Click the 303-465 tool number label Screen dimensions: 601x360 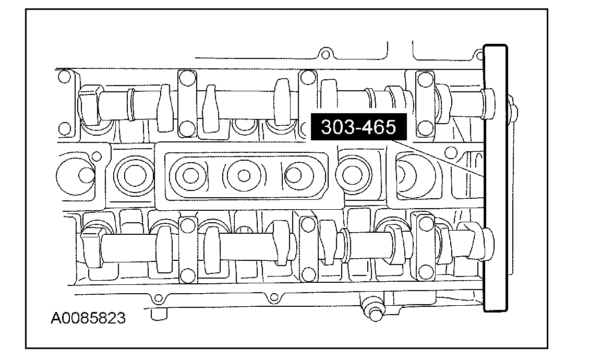coord(357,127)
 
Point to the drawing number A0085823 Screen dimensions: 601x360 coord(88,318)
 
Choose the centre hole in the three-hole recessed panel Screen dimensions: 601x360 coord(242,175)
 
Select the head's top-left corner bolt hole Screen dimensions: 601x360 coord(64,77)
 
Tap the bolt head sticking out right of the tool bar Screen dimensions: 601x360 coord(514,112)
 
